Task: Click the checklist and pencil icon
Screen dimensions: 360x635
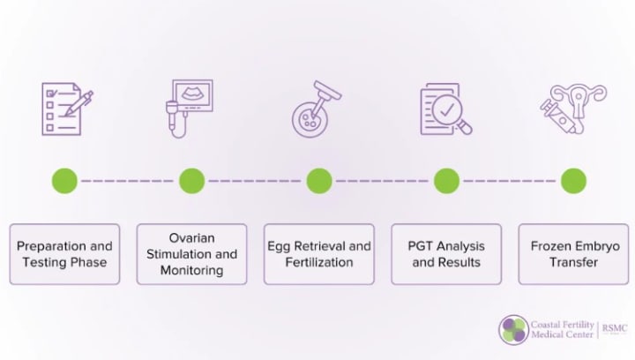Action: click(x=66, y=109)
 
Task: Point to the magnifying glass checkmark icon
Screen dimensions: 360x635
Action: click(x=445, y=109)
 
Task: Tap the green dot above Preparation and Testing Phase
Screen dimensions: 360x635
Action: click(x=64, y=181)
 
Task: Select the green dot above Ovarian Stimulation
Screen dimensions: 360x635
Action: click(x=191, y=181)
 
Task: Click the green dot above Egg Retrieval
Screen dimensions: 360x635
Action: click(x=318, y=181)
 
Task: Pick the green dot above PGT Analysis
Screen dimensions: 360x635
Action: click(x=446, y=181)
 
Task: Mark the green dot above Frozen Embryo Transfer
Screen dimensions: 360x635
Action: click(x=573, y=181)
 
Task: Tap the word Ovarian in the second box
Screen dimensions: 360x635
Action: click(x=191, y=238)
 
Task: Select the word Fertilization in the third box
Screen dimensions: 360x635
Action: click(x=318, y=262)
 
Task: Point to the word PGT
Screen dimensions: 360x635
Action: click(x=421, y=246)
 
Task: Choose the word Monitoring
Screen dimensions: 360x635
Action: click(x=191, y=270)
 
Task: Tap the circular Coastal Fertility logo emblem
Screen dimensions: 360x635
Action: click(x=513, y=330)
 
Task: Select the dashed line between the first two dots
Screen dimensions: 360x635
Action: click(x=128, y=181)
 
